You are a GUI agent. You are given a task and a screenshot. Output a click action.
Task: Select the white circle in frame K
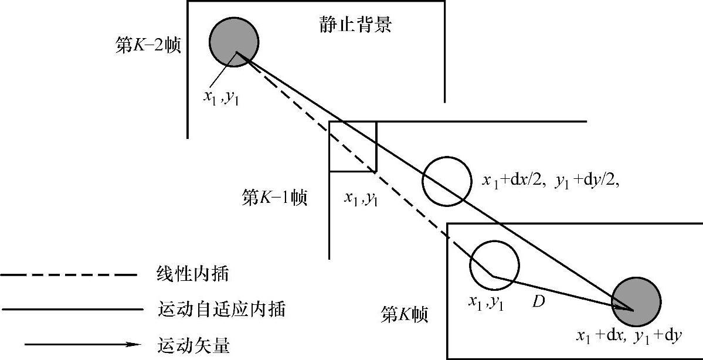click(494, 264)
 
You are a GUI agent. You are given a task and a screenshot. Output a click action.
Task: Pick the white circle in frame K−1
click(447, 181)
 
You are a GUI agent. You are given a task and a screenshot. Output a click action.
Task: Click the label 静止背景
click(356, 25)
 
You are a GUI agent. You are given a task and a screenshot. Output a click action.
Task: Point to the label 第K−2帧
click(148, 45)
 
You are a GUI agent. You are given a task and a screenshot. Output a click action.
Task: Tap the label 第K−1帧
click(274, 198)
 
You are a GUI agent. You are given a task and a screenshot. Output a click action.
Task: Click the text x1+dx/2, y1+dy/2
click(551, 181)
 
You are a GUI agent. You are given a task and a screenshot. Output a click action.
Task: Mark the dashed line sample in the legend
click(69, 274)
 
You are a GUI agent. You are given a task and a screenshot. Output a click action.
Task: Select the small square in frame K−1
click(352, 146)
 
